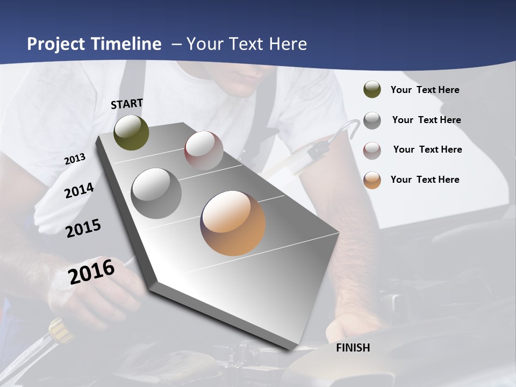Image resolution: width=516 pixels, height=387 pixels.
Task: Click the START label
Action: tap(127, 104)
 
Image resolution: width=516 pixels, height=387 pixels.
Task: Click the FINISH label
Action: tap(353, 348)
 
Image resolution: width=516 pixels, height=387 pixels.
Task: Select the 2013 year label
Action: tap(75, 159)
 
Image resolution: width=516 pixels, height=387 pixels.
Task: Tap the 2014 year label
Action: tap(79, 190)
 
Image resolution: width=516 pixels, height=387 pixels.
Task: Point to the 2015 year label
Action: tap(83, 228)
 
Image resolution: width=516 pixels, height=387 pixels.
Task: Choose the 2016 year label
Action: tap(91, 271)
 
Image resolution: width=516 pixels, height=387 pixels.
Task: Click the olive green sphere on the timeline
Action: tap(132, 132)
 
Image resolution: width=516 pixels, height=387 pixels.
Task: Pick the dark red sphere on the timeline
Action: tap(204, 150)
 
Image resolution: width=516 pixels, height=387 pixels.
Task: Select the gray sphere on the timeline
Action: tap(156, 193)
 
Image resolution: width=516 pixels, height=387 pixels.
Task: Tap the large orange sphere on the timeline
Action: tap(233, 223)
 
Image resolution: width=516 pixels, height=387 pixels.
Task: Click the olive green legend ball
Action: tap(372, 90)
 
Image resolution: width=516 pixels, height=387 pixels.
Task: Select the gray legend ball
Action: tap(372, 120)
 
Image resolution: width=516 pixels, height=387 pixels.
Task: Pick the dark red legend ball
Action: tap(372, 150)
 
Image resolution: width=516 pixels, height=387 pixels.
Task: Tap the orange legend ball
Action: tap(372, 180)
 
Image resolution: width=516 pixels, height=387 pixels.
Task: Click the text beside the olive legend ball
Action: tap(425, 90)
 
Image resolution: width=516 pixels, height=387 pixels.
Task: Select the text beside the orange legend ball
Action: tap(425, 180)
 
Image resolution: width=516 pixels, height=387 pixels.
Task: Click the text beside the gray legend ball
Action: tap(426, 120)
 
